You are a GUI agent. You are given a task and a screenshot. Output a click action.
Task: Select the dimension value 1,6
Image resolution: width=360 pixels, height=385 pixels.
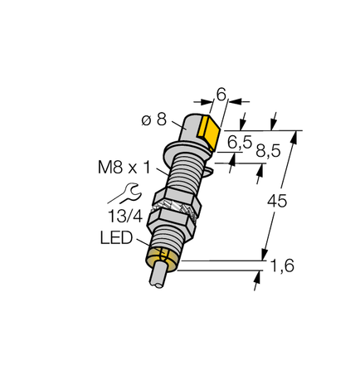(x=284, y=266)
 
